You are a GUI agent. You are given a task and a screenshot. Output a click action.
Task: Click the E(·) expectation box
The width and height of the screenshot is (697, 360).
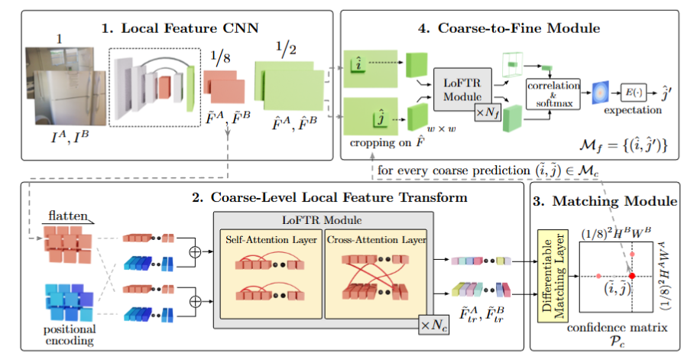(634, 92)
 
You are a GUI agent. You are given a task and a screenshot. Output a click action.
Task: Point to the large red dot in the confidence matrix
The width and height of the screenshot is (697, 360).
(631, 275)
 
